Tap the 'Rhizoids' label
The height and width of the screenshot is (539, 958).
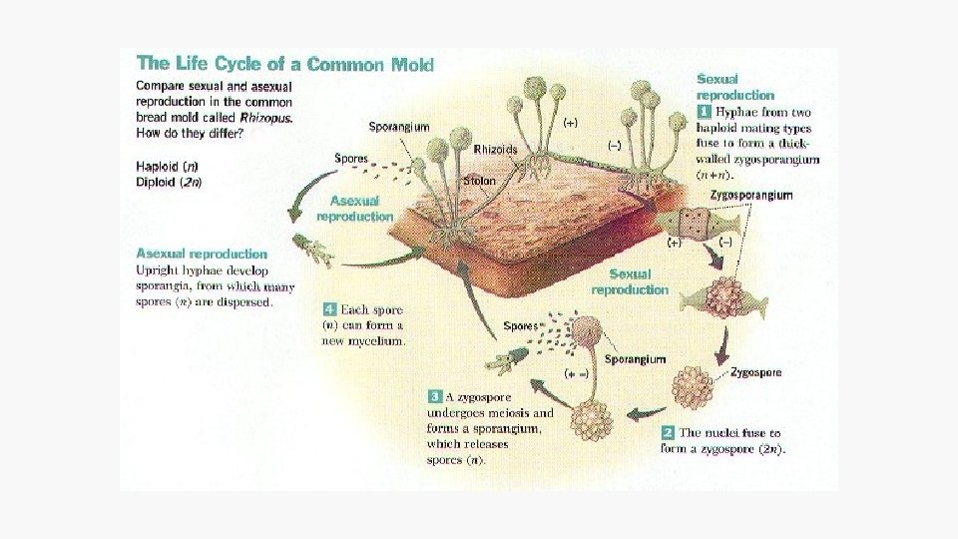coord(496,149)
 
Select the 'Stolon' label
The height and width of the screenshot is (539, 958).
coord(479,182)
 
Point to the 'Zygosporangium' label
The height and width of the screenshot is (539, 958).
coord(755,195)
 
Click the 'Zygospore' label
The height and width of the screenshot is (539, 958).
coord(755,372)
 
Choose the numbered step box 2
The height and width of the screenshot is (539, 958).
coord(668,433)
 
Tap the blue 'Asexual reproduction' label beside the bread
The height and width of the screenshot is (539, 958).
coord(354,208)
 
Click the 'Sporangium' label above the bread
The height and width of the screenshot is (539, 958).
coord(399,127)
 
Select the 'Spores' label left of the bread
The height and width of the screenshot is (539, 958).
coord(351,158)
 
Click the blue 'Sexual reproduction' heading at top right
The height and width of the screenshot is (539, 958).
coord(734,87)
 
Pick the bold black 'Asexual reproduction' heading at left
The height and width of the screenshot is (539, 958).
coord(202,255)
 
